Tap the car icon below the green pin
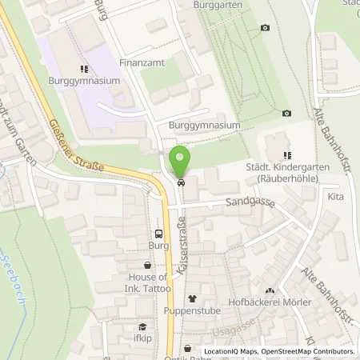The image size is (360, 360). [181, 182]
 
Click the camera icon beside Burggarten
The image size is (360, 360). [265, 28]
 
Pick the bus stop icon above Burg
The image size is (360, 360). [158, 234]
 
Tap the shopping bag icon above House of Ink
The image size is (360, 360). [147, 265]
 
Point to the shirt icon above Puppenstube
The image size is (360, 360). [191, 298]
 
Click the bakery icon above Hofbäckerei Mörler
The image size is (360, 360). [269, 290]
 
